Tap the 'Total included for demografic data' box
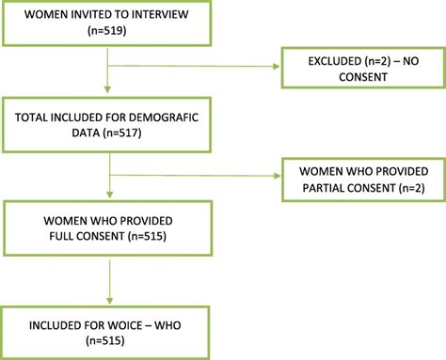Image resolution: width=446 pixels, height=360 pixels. pyautogui.click(x=110, y=128)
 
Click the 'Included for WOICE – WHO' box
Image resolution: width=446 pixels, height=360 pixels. pyautogui.click(x=110, y=330)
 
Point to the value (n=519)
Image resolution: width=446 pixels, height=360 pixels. pyautogui.click(x=109, y=34)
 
